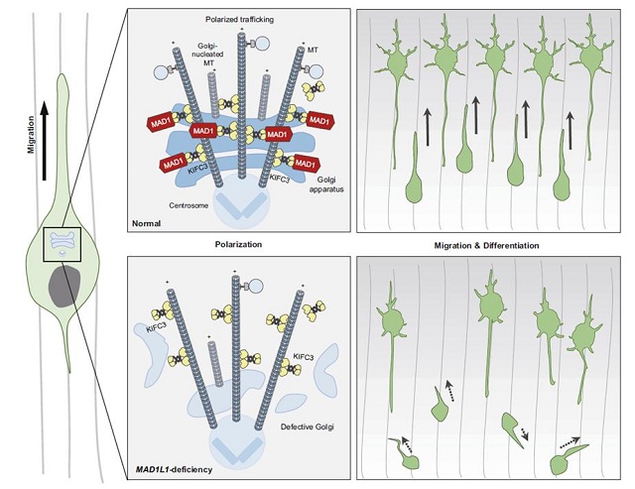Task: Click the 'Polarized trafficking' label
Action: point(238,20)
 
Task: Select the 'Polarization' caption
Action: point(238,242)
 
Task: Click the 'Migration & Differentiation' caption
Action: point(491,242)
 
